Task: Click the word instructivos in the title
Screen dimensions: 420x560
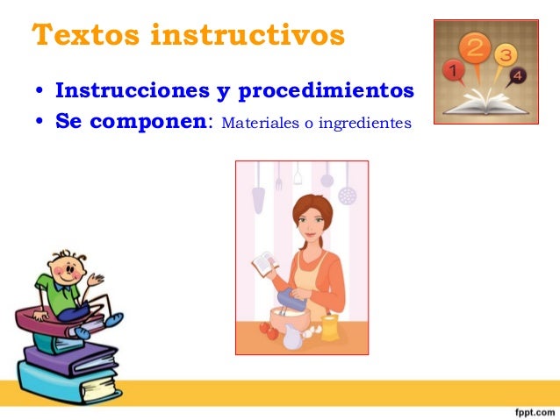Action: point(248,36)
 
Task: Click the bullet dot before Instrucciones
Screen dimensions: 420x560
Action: point(40,92)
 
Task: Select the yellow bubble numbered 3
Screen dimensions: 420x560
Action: point(506,56)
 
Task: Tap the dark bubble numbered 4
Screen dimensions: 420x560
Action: point(519,76)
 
